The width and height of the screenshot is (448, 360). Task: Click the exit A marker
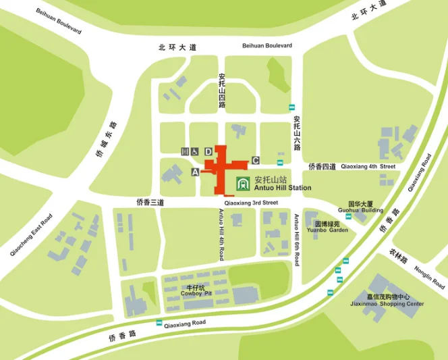coord(196,173)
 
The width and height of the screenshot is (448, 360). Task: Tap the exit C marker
coord(255,160)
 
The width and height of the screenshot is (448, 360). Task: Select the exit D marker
coord(208,151)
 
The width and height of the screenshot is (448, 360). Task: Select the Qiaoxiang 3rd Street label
coord(252,202)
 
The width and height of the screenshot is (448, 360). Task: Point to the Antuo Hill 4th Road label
coord(221,234)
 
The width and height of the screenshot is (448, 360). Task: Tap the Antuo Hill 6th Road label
coord(296,240)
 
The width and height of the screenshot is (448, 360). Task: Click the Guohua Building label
coord(365,210)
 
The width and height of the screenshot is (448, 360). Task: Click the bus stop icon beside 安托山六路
coord(292,107)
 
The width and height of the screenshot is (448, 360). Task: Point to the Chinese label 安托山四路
coord(222,89)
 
